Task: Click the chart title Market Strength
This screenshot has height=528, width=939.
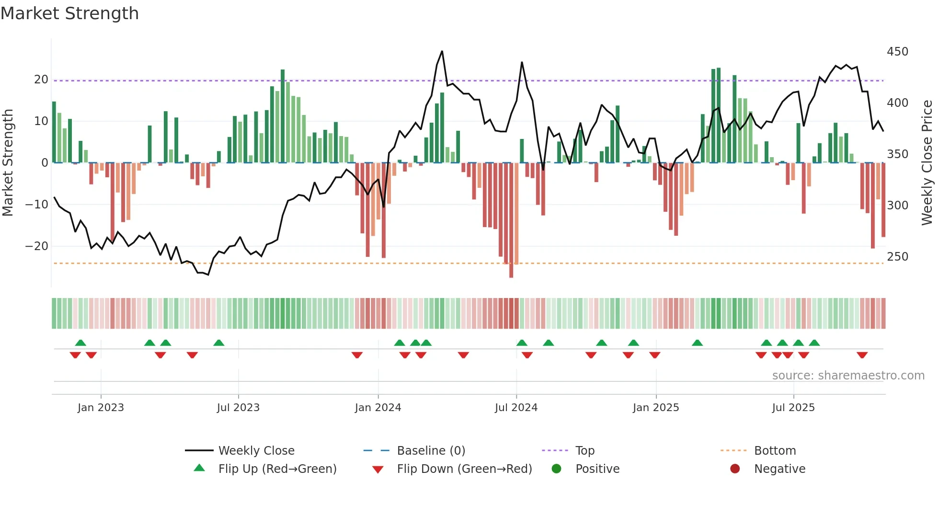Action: (x=69, y=13)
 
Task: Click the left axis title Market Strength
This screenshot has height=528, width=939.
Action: (x=8, y=162)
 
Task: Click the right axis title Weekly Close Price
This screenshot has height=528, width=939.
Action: (x=927, y=162)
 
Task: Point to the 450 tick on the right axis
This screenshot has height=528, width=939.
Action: (x=897, y=52)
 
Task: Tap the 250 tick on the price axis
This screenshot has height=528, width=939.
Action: (x=897, y=257)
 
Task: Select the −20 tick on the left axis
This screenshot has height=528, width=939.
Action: (x=37, y=246)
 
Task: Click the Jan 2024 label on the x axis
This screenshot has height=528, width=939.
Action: (x=378, y=408)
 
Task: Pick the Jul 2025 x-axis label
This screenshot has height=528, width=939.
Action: (x=793, y=408)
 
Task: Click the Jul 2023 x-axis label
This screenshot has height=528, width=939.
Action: (x=238, y=408)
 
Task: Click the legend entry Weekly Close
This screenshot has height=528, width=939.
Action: (x=256, y=451)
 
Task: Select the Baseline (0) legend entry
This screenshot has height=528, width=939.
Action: (x=431, y=451)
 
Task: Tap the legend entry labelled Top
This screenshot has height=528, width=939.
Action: (x=584, y=451)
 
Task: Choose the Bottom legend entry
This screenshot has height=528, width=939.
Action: (x=775, y=451)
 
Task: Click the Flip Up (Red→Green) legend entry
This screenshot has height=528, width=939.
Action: (x=277, y=469)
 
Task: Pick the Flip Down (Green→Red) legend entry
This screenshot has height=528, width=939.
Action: (x=464, y=469)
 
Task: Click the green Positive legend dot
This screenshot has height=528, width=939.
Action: (x=556, y=469)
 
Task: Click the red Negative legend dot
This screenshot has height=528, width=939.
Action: (x=735, y=469)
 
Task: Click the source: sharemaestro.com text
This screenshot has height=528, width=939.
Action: (x=848, y=376)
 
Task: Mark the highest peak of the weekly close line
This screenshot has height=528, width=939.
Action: (x=442, y=51)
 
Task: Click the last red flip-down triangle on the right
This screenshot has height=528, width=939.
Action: (x=862, y=355)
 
